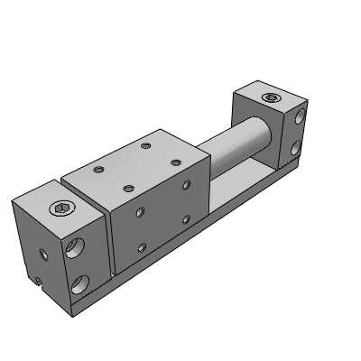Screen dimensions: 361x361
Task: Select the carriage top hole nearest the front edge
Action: coord(127,188)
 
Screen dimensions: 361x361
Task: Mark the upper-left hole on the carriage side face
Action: coord(140,214)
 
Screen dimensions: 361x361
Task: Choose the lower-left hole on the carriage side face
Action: coord(140,246)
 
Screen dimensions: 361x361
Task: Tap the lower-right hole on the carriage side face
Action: coord(186,218)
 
